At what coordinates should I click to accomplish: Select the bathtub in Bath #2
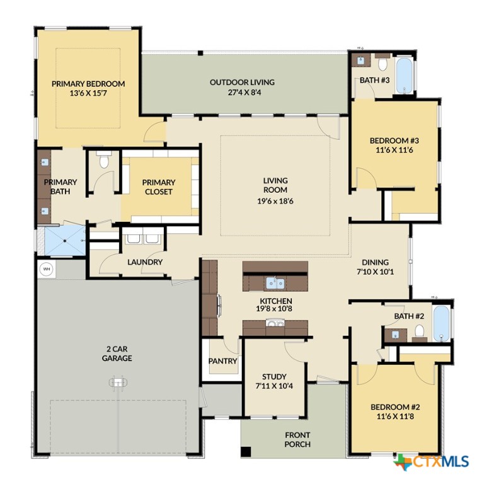tap(442, 323)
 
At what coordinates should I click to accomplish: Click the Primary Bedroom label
tap(88, 83)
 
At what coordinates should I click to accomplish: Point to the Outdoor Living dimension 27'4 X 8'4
tap(243, 92)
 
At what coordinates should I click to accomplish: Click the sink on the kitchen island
tap(275, 282)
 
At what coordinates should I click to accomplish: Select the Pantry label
tap(222, 361)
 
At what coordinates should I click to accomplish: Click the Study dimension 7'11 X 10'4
tap(275, 385)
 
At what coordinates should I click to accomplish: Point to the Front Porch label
tap(297, 439)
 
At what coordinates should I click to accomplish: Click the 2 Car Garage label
tap(117, 354)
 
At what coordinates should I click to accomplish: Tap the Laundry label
tap(145, 262)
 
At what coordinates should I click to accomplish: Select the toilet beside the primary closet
tap(105, 162)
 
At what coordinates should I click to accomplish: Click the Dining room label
tap(375, 263)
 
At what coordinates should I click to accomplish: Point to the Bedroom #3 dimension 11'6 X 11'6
tap(395, 151)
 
